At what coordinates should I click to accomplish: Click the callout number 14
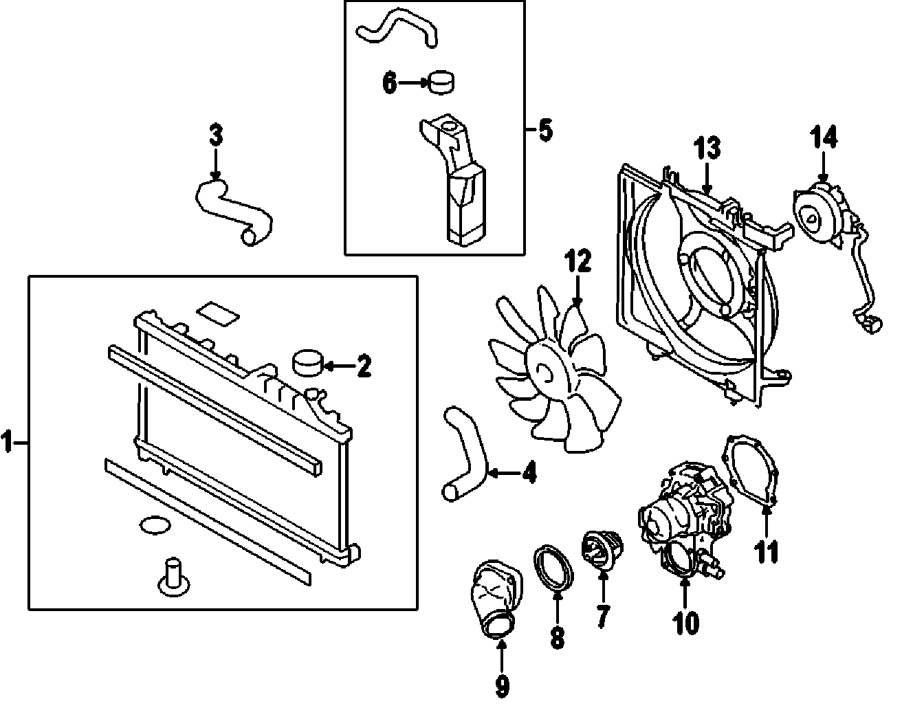tap(824, 138)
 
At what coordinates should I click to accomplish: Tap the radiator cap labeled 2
tap(307, 362)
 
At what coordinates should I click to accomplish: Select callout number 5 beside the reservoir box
tap(544, 130)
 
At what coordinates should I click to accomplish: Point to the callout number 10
tap(685, 622)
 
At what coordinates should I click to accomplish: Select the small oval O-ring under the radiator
tap(153, 526)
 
